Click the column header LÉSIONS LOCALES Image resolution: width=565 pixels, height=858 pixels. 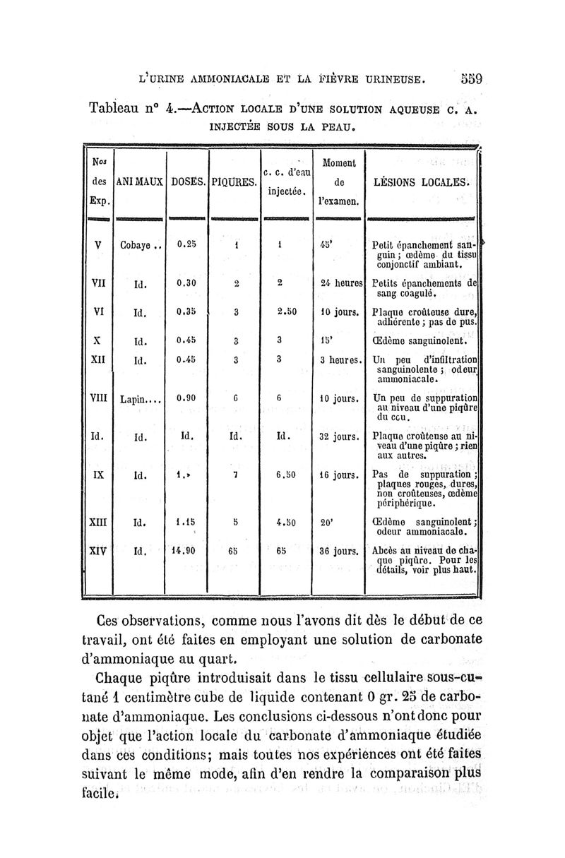pos(422,181)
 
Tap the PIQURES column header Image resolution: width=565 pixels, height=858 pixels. pos(232,181)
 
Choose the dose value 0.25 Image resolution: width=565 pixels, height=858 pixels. pos(186,245)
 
